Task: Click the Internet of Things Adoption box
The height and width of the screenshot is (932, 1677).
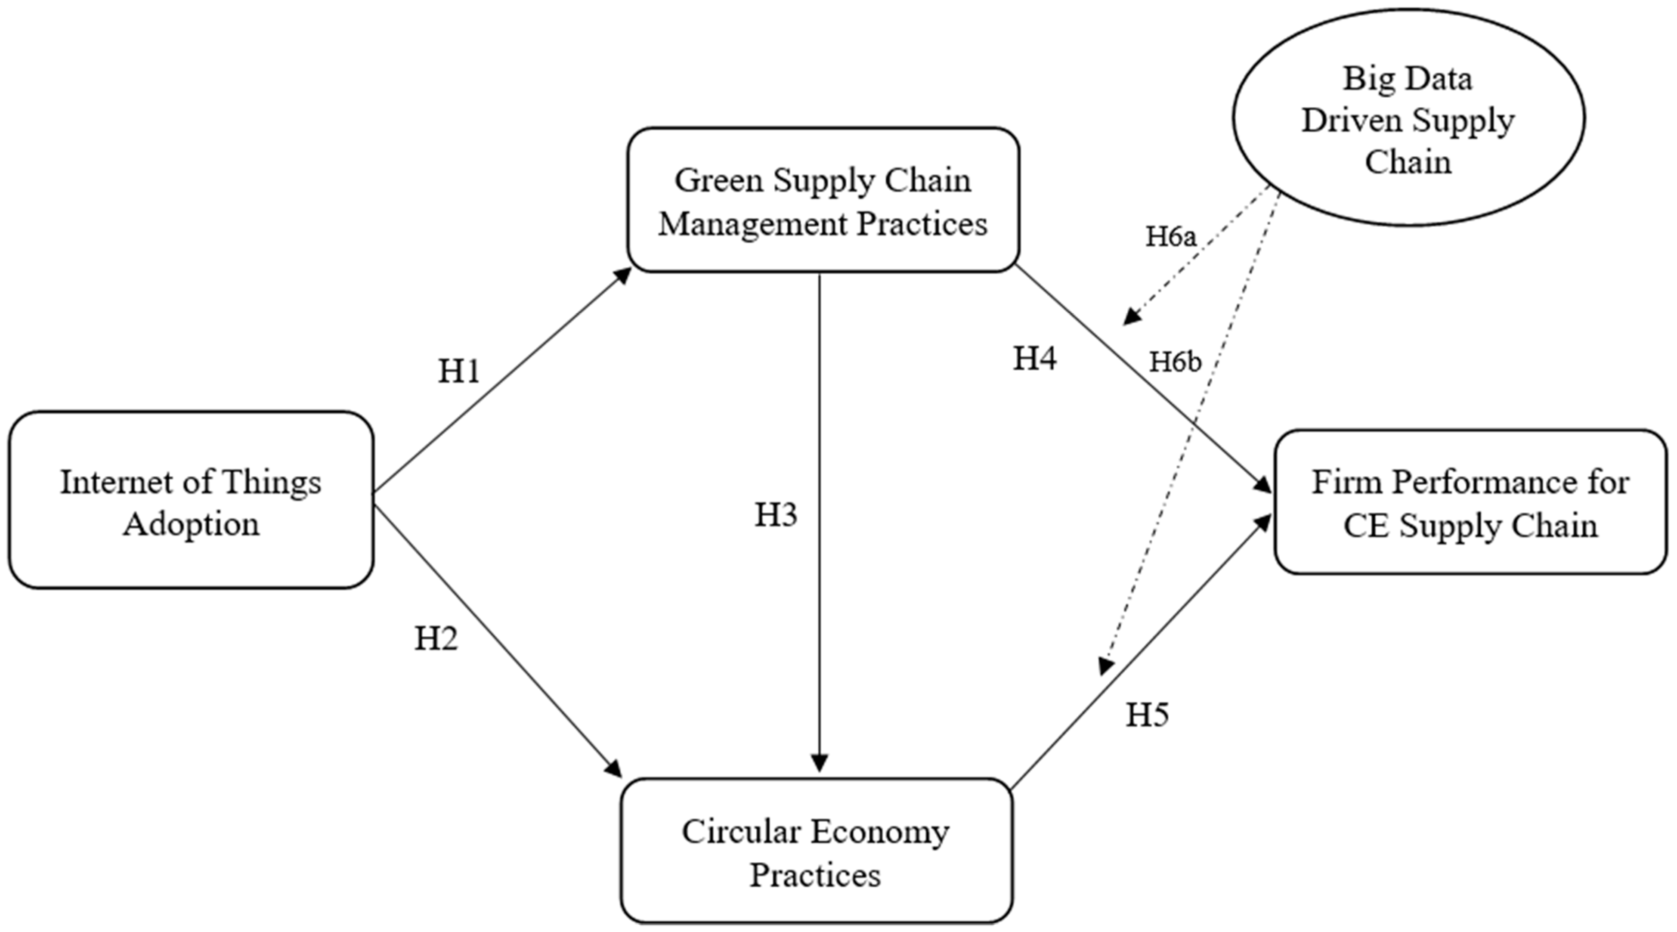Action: click(x=191, y=499)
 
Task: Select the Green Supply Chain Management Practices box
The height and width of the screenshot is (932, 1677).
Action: click(x=823, y=200)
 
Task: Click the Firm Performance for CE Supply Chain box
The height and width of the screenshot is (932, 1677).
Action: click(x=1470, y=502)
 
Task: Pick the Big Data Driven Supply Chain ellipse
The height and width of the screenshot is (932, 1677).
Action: click(x=1408, y=117)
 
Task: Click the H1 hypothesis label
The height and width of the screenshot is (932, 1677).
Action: click(x=459, y=371)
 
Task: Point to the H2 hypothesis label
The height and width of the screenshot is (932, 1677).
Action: click(x=436, y=639)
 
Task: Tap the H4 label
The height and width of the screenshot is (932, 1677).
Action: click(x=1034, y=358)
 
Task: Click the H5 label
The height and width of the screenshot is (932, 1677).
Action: click(x=1147, y=715)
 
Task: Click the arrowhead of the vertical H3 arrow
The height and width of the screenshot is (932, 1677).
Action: click(x=820, y=763)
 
